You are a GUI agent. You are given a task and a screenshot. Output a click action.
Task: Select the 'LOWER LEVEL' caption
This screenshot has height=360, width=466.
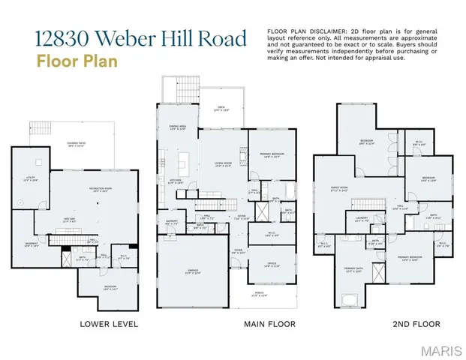[x=109, y=324]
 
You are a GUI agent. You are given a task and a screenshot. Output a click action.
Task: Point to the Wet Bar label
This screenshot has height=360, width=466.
[x=69, y=220]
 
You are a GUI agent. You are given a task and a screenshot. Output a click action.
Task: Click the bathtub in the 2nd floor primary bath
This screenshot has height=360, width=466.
[x=350, y=300]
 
